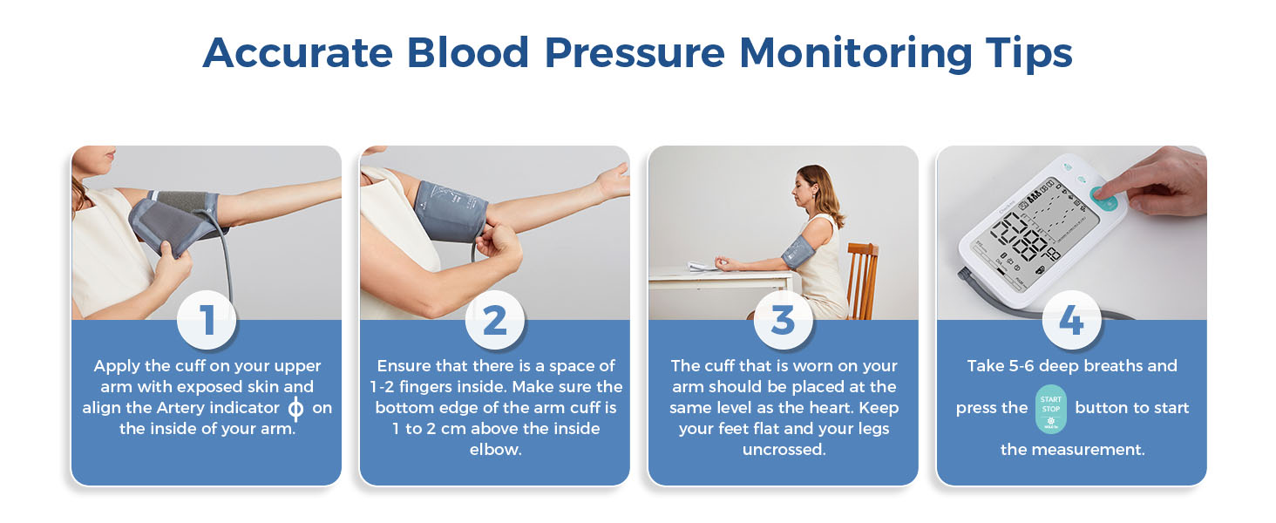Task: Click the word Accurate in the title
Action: tap(298, 53)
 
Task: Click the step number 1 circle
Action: tap(207, 320)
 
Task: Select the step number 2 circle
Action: tap(495, 320)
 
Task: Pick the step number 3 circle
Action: tap(784, 320)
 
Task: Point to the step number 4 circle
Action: tap(1071, 320)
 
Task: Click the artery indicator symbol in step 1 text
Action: tap(295, 409)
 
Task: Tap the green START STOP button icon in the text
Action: tap(1050, 409)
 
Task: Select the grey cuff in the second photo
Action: tap(450, 212)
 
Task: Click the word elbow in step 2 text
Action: tap(496, 450)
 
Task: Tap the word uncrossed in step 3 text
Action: tap(784, 450)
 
